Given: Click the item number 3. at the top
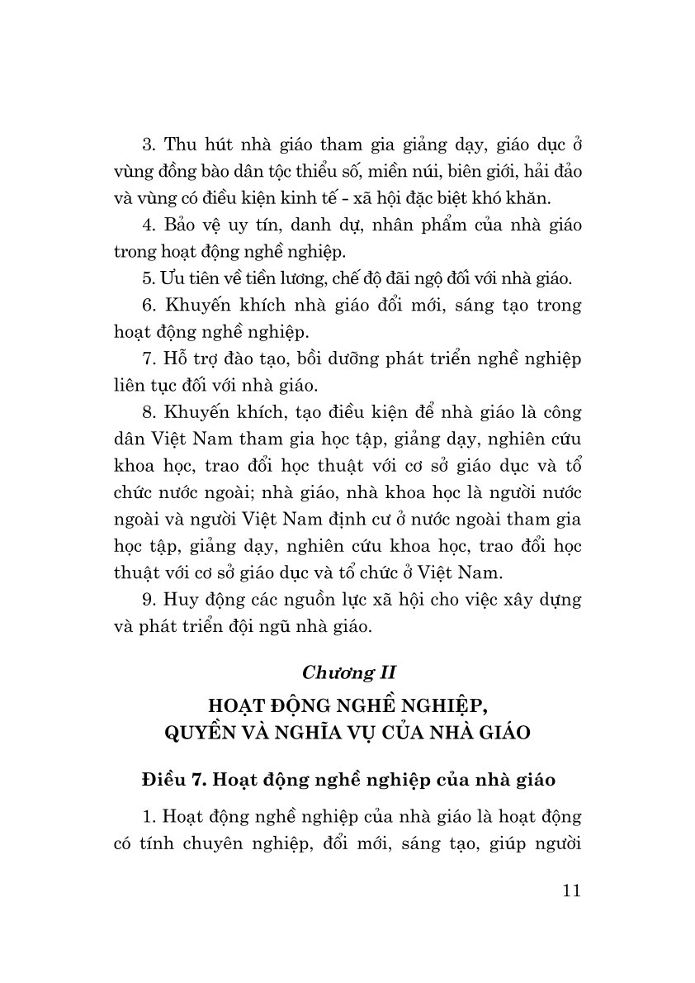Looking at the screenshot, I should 149,145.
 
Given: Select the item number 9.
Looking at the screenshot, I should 149,599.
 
